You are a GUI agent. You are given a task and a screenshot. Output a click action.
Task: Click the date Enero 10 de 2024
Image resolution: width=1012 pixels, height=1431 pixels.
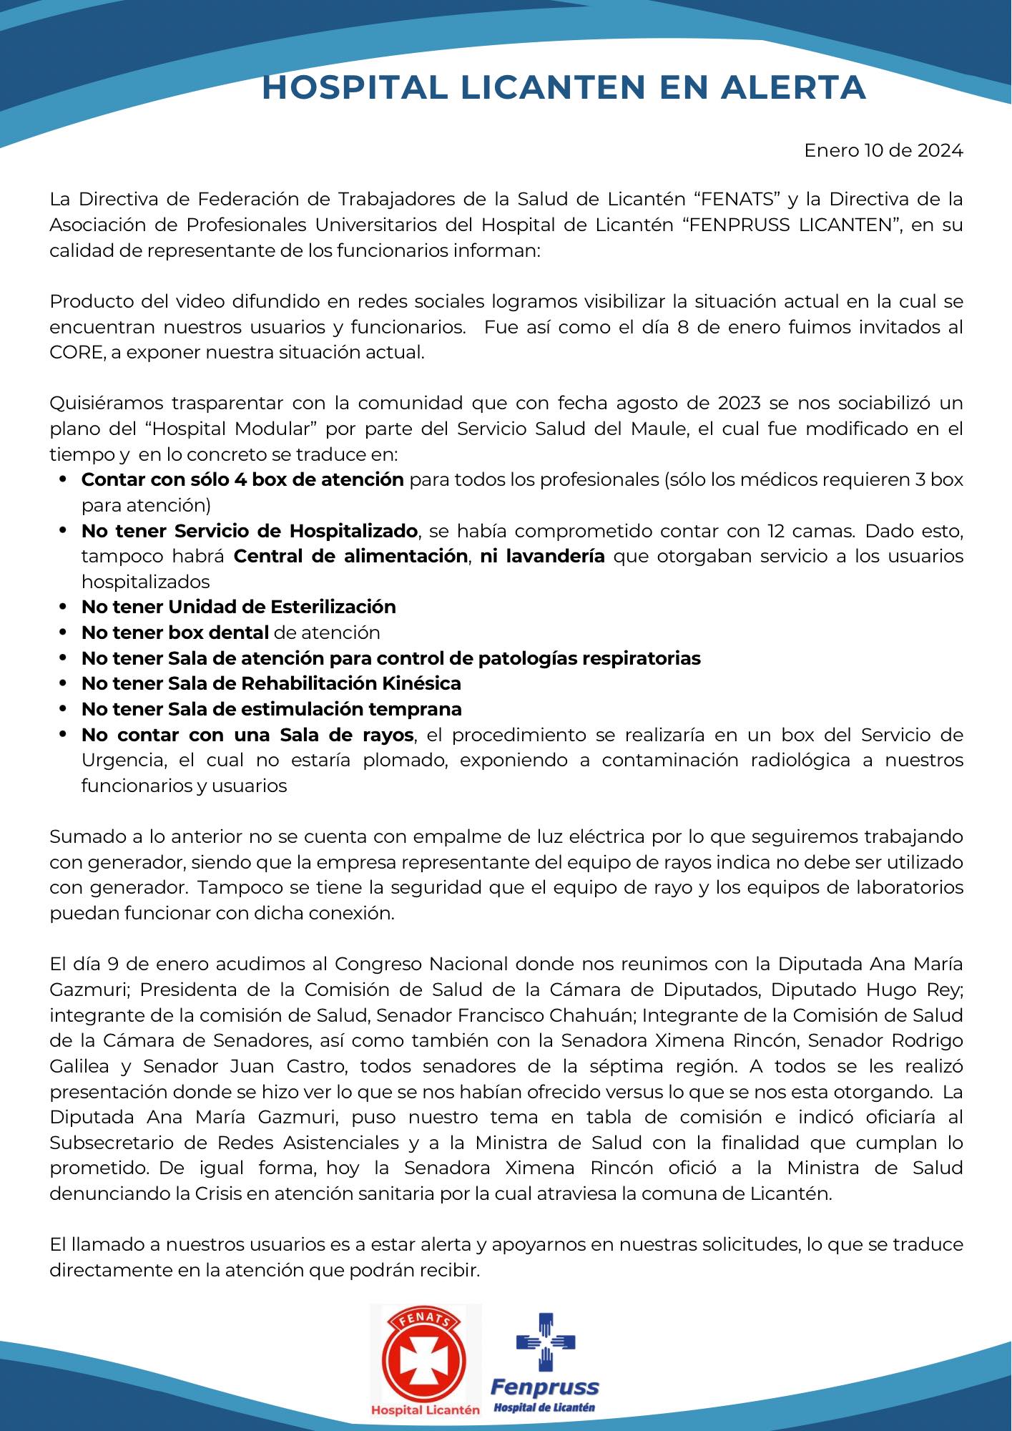(883, 151)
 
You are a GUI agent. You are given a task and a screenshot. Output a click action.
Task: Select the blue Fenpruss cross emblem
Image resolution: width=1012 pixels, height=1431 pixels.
(546, 1343)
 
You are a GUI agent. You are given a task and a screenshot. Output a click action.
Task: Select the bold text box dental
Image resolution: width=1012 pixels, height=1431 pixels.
(218, 633)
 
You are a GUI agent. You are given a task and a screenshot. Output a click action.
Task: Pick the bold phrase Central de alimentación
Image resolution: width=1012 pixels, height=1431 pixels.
(350, 556)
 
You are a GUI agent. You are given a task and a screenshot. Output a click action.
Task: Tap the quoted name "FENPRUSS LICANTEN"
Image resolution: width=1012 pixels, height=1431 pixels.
(792, 225)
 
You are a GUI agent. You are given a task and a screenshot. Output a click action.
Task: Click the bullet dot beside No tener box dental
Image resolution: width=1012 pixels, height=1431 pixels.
(64, 633)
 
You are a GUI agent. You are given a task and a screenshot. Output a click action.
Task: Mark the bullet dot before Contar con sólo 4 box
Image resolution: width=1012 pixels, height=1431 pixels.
(64, 479)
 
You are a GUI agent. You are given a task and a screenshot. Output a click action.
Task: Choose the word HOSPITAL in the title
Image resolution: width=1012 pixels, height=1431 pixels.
(355, 87)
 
